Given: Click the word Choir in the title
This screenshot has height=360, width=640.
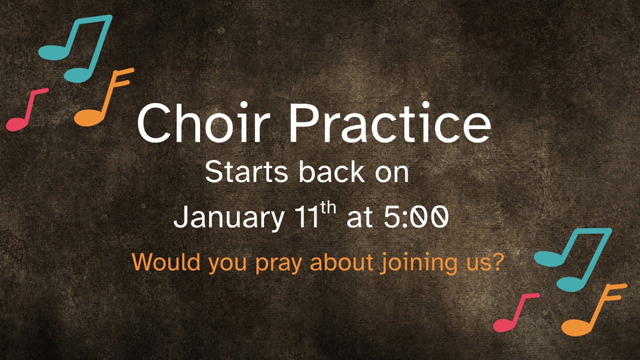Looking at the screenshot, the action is (203, 122).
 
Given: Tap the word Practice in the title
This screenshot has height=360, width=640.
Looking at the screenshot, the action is (390, 122).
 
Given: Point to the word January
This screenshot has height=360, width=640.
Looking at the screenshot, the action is (229, 217).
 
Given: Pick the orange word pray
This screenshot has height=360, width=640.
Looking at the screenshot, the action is (278, 264).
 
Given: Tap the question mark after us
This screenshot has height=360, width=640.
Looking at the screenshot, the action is (497, 261).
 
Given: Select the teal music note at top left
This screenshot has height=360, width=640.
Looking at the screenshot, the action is (75, 48).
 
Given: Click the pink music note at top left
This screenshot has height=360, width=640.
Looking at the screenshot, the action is (27, 109).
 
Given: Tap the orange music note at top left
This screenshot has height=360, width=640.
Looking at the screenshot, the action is (104, 97).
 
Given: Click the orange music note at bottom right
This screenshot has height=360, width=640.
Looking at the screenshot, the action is (594, 310).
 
